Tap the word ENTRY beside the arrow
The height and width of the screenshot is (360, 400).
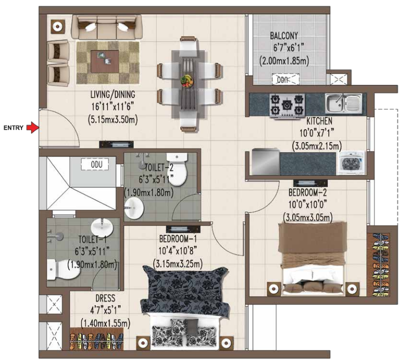pyautogui.click(x=14, y=128)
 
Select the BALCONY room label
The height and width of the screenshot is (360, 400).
pyautogui.click(x=284, y=36)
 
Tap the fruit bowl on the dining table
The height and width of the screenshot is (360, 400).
pyautogui.click(x=187, y=79)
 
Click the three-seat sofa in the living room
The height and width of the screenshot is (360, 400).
pyautogui.click(x=106, y=26)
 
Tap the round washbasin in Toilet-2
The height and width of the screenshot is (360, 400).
pyautogui.click(x=134, y=207)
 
